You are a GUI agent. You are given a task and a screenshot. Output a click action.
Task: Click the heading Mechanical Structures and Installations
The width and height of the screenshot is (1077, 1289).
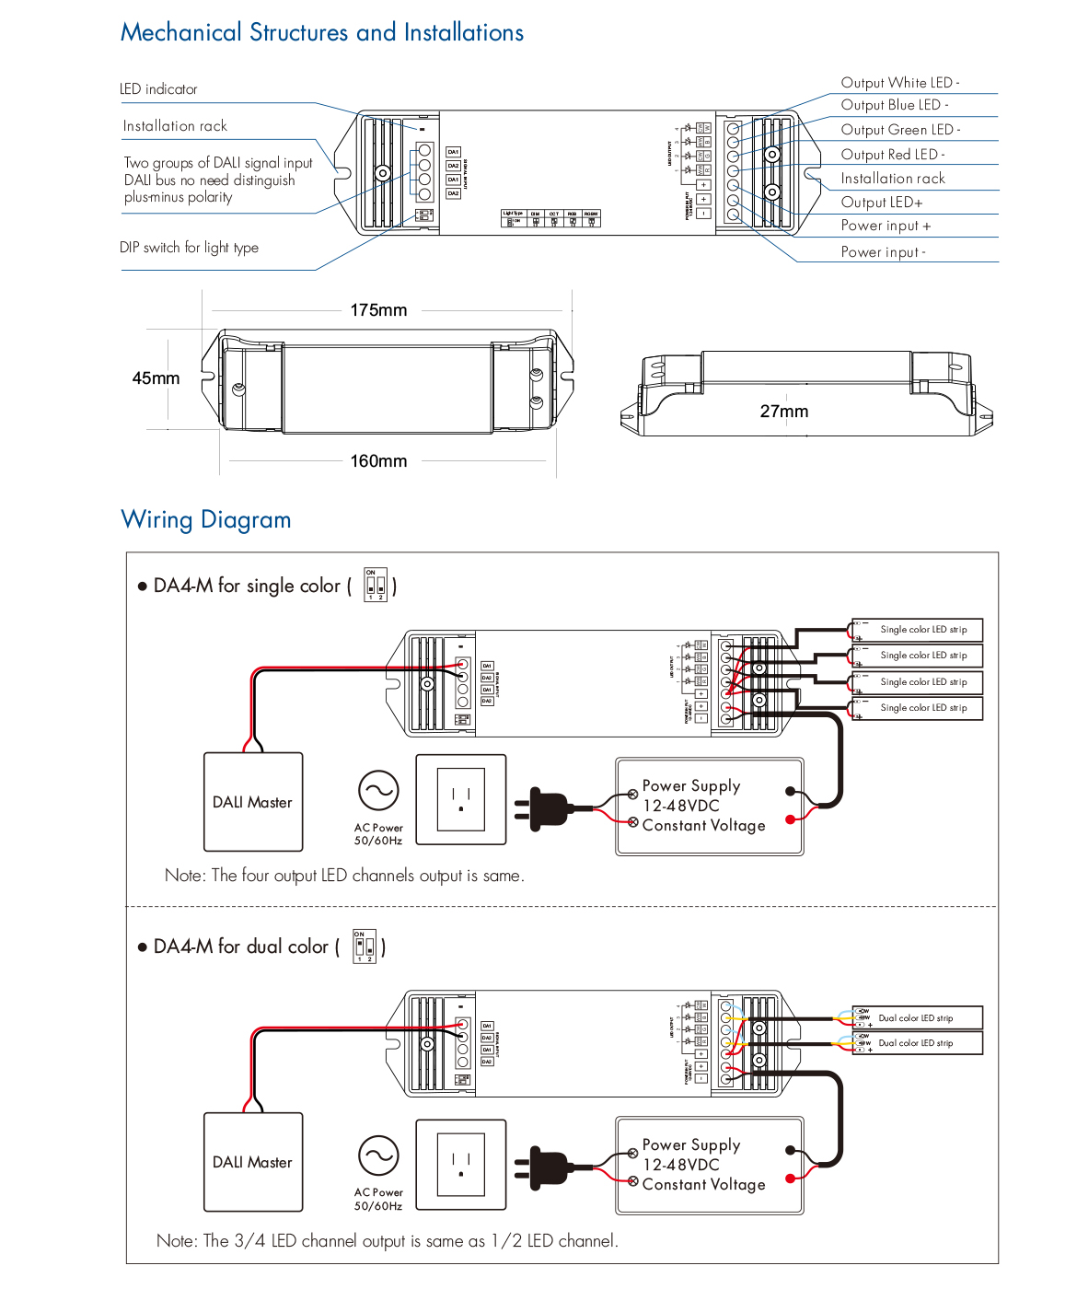click(x=322, y=33)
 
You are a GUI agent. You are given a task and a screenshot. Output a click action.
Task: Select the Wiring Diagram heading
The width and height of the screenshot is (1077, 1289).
click(x=206, y=520)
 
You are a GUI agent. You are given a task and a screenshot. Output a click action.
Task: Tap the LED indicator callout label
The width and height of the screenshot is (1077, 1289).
click(x=158, y=89)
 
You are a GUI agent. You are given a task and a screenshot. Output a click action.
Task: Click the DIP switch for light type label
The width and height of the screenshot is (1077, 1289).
click(x=189, y=248)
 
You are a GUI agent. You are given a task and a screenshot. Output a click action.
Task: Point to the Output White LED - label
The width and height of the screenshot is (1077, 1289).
click(x=899, y=83)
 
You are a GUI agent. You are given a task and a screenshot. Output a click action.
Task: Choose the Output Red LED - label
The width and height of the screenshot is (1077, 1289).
click(x=892, y=155)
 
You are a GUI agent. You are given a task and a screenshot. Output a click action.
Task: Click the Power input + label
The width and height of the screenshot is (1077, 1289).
click(x=886, y=226)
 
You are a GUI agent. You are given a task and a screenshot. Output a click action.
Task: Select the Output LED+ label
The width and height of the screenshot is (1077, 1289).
click(x=881, y=203)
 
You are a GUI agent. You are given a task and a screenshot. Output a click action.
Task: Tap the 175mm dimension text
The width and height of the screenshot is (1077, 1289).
click(x=378, y=310)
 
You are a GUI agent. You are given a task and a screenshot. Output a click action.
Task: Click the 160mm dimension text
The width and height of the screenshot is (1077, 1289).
click(x=378, y=461)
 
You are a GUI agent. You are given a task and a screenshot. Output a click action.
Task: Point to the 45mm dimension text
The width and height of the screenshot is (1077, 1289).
click(x=156, y=378)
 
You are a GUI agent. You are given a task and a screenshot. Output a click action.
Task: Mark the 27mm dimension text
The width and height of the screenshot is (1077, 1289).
click(x=783, y=412)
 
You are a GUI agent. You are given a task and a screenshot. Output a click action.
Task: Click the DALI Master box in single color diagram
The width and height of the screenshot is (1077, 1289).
click(x=253, y=802)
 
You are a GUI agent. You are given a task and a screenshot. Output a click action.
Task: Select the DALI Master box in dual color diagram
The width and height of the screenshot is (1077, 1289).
click(x=253, y=1162)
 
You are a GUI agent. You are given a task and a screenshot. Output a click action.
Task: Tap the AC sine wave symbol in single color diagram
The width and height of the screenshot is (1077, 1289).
click(x=378, y=790)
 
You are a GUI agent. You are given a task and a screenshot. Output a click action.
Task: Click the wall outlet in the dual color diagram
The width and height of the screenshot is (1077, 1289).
click(x=461, y=1164)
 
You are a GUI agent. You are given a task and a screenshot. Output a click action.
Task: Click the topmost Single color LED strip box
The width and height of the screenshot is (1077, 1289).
click(x=918, y=630)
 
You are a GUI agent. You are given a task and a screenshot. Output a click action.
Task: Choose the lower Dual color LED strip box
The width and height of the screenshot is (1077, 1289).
click(x=918, y=1043)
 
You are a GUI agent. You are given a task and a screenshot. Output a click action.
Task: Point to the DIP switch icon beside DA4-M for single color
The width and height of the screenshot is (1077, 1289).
click(x=376, y=585)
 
